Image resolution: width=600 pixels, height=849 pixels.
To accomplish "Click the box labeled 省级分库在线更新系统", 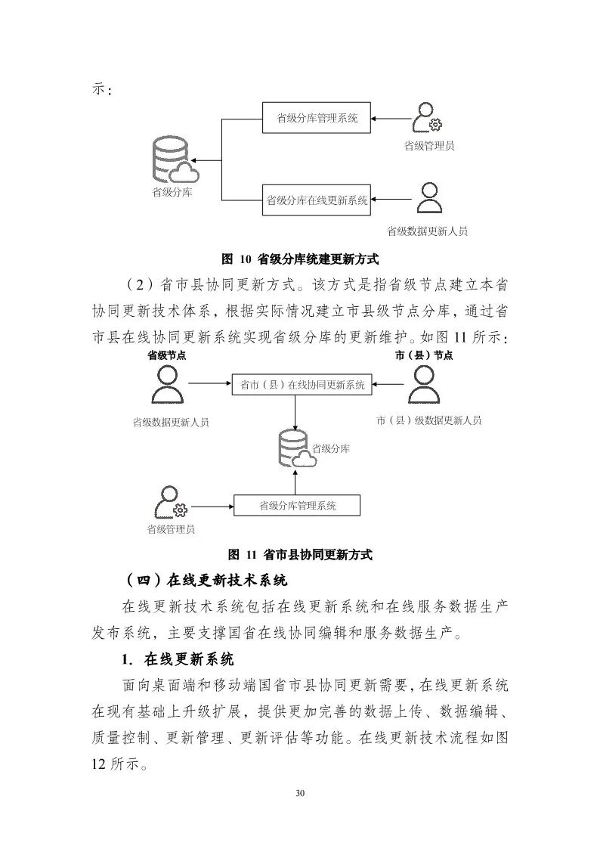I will click(x=317, y=200).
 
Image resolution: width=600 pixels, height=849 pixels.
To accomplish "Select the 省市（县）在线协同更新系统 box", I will click(x=302, y=385).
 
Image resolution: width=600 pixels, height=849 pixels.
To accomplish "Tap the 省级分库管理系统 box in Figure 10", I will click(x=317, y=118).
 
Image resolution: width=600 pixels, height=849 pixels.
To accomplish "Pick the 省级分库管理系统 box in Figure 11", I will click(x=297, y=506).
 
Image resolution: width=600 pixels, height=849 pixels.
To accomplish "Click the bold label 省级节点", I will click(x=167, y=355).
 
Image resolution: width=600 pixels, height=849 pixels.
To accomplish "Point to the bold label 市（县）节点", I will click(x=424, y=355).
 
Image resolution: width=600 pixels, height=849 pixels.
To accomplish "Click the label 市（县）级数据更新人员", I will click(x=428, y=420).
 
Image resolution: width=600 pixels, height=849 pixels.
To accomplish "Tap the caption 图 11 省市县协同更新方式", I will click(x=300, y=554).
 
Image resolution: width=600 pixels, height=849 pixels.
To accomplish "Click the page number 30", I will click(x=300, y=793).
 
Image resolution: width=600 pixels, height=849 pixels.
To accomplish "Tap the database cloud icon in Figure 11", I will click(x=295, y=448).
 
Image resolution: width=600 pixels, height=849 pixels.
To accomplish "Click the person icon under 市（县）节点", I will click(x=424, y=386).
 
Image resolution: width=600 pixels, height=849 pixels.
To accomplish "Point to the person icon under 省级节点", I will click(x=167, y=386).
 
